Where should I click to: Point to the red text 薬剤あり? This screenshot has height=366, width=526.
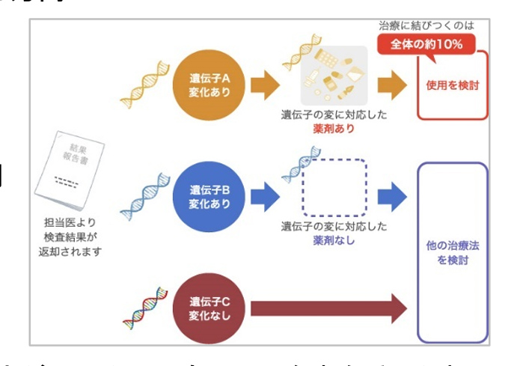tap(334, 129)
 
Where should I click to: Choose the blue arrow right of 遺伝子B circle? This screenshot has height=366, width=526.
tap(263, 196)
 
